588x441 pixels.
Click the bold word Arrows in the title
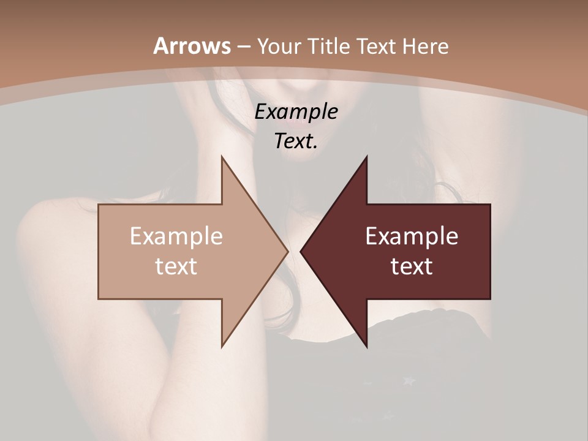point(192,46)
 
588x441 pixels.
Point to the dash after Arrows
point(243,47)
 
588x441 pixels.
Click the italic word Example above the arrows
point(296,111)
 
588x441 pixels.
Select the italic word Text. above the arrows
point(296,141)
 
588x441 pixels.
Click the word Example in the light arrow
point(176,236)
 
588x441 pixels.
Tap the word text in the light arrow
point(176,266)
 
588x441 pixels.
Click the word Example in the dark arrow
point(412,236)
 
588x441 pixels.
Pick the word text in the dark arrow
point(412,266)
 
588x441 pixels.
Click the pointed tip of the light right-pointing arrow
point(288,251)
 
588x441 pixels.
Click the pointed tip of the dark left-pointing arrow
point(301,251)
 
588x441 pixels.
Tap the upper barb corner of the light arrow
point(222,157)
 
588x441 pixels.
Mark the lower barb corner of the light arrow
point(222,347)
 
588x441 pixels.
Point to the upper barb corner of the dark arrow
point(367,157)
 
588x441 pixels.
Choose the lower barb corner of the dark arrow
point(367,347)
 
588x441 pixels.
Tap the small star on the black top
point(409,380)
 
